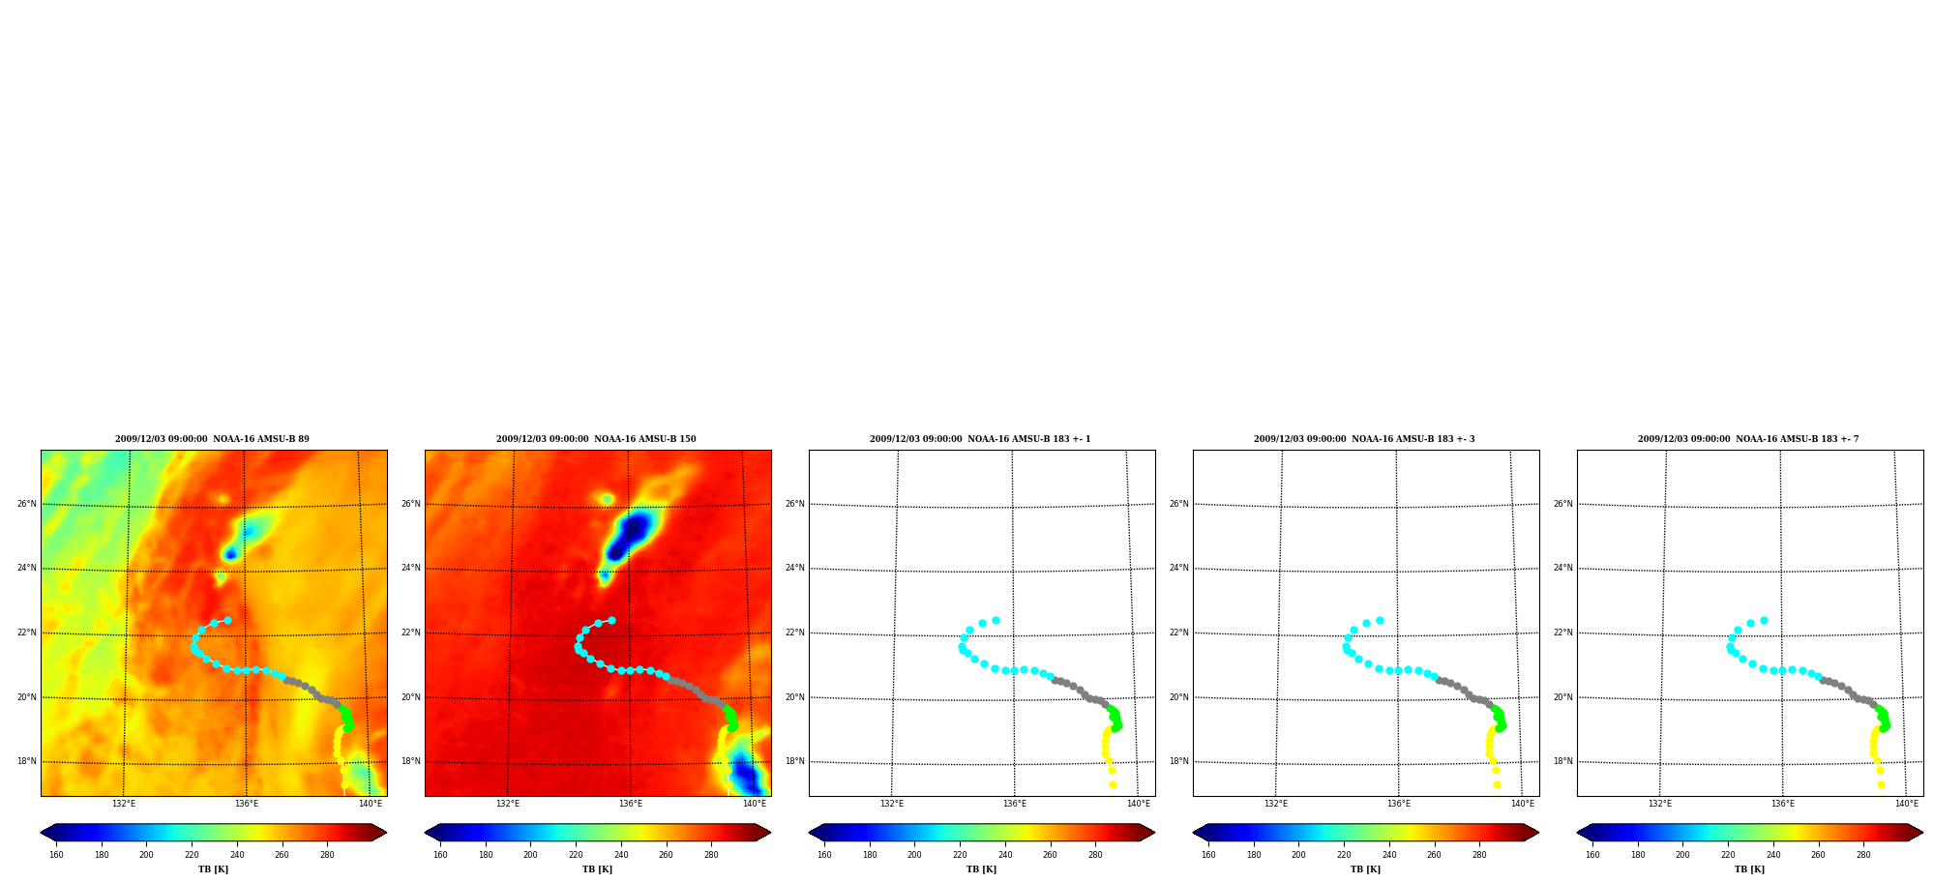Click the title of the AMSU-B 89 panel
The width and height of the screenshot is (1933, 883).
tap(212, 439)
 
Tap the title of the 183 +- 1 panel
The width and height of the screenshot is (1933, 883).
tap(980, 439)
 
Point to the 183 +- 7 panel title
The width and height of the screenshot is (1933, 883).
tap(1748, 439)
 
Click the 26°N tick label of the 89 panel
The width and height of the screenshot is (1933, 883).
tap(26, 504)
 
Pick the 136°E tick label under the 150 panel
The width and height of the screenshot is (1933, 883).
tap(631, 804)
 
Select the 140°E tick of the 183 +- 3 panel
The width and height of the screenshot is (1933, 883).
tap(1523, 804)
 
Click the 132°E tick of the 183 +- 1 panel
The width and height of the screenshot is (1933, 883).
tap(892, 804)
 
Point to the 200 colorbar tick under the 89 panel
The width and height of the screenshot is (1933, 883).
tap(146, 855)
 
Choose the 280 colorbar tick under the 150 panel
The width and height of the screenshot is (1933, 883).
tap(711, 855)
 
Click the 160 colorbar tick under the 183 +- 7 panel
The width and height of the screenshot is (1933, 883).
tap(1592, 855)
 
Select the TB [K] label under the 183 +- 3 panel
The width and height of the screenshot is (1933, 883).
tap(1365, 869)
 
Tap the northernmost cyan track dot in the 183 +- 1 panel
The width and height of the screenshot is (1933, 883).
tap(996, 621)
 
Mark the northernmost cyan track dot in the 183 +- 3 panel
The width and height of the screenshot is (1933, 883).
tap(1380, 621)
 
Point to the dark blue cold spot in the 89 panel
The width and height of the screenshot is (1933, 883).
tap(230, 554)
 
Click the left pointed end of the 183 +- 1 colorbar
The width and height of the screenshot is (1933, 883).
tap(810, 833)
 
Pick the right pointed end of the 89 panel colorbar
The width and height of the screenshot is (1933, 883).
tap(385, 833)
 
